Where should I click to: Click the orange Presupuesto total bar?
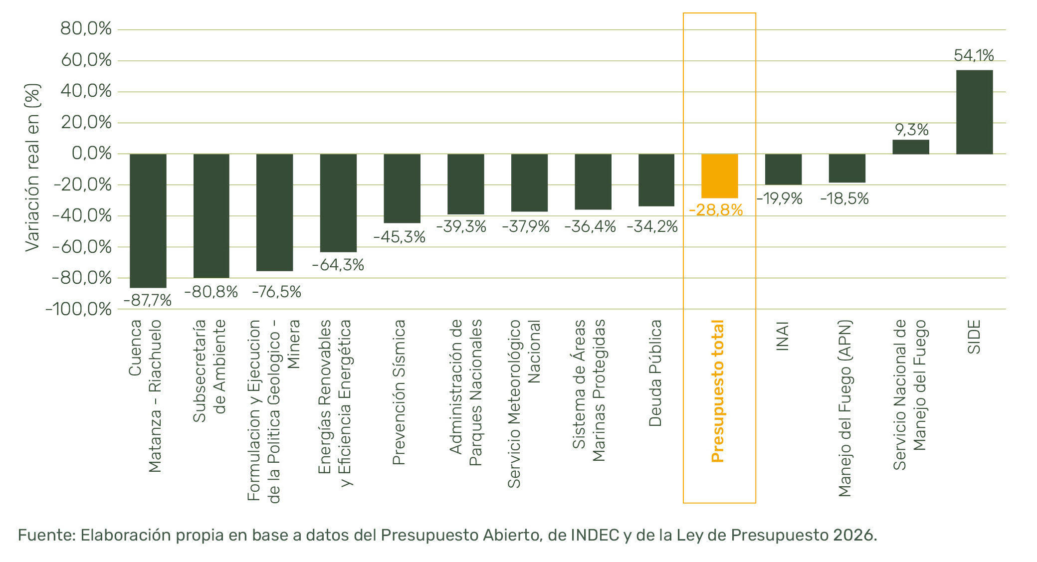pyautogui.click(x=719, y=176)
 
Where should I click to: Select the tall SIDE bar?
pyautogui.click(x=974, y=112)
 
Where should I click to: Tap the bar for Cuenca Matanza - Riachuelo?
pyautogui.click(x=148, y=220)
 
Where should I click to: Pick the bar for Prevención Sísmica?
pyautogui.click(x=402, y=188)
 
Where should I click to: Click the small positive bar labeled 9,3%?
pyautogui.click(x=910, y=147)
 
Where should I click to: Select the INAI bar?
pyautogui.click(x=783, y=169)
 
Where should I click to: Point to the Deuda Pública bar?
pyautogui.click(x=656, y=180)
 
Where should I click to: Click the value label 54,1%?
pyautogui.click(x=974, y=55)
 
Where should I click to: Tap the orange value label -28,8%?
pyautogui.click(x=716, y=210)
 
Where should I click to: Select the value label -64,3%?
pyautogui.click(x=338, y=265)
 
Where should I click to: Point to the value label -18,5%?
pyautogui.click(x=844, y=199)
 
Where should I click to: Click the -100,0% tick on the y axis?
pyautogui.click(x=79, y=309)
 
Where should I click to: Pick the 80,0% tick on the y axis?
pyautogui.click(x=86, y=29)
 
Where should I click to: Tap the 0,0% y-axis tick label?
pyautogui.click(x=92, y=153)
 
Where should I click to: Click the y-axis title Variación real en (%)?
pyautogui.click(x=32, y=168)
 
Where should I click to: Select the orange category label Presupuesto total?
pyautogui.click(x=717, y=391)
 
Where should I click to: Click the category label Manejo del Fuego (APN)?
pyautogui.click(x=844, y=408)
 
